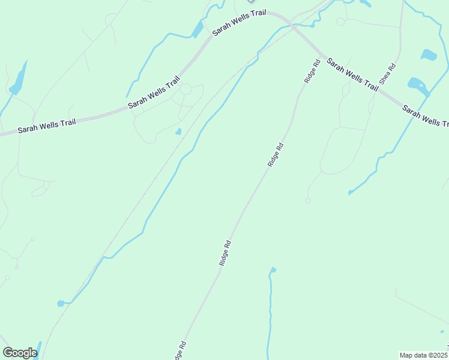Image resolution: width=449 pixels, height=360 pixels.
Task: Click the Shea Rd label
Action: (x=387, y=73)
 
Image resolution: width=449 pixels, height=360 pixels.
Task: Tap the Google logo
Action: (x=19, y=353)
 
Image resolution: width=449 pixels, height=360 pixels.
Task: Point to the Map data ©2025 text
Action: (x=424, y=355)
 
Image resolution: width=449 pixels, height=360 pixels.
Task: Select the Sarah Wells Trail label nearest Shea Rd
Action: (x=352, y=74)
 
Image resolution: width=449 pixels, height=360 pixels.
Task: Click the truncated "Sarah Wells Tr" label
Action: (x=426, y=116)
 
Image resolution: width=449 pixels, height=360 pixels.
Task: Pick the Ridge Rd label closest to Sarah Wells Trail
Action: (x=312, y=71)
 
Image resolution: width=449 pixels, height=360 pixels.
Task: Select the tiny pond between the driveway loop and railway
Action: (x=178, y=131)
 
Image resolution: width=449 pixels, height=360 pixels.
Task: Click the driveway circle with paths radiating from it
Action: (x=185, y=89)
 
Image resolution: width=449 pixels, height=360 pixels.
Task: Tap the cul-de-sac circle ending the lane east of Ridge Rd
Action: (x=308, y=200)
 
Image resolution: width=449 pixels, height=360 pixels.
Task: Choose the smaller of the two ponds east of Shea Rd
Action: (x=429, y=55)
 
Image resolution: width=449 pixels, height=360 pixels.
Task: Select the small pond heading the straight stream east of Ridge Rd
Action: (x=273, y=270)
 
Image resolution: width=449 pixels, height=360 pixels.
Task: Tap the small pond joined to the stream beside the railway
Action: (x=61, y=303)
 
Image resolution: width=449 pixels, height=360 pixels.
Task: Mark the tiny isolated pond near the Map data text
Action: (x=442, y=331)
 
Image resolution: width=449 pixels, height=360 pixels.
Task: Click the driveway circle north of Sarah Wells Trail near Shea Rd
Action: (x=340, y=22)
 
